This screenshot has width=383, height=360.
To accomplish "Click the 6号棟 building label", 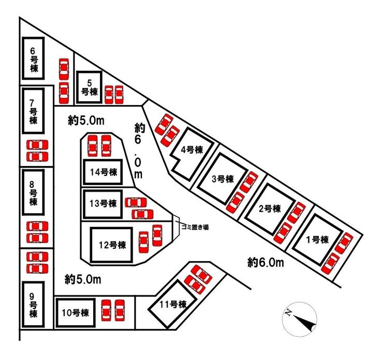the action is pyautogui.click(x=34, y=59).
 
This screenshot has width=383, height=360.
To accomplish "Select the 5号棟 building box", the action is pyautogui.click(x=89, y=87).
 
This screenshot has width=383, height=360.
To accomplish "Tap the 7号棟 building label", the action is pyautogui.click(x=33, y=112).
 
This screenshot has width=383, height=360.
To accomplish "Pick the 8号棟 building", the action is pyautogui.click(x=33, y=192).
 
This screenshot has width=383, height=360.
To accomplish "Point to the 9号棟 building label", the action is pyautogui.click(x=33, y=305).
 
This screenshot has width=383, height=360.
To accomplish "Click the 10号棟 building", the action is pyautogui.click(x=75, y=313).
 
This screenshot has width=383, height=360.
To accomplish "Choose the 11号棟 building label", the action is pyautogui.click(x=173, y=304).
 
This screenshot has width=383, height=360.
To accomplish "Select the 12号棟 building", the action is pyautogui.click(x=112, y=245).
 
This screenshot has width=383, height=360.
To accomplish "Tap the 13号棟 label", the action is pyautogui.click(x=103, y=203).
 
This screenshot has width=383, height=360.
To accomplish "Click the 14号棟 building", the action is pyautogui.click(x=102, y=172).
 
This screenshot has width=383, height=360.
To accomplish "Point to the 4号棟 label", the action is pyautogui.click(x=192, y=149).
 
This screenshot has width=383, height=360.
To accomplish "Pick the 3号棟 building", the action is pyautogui.click(x=223, y=178).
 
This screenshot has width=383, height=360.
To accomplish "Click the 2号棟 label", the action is pyautogui.click(x=270, y=208).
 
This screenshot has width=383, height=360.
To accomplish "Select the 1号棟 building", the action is pyautogui.click(x=318, y=239).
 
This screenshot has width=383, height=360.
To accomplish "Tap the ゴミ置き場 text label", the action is pyautogui.click(x=195, y=228).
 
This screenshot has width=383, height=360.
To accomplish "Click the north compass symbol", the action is pyautogui.click(x=300, y=319).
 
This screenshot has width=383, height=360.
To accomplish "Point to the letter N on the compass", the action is pyautogui.click(x=288, y=312).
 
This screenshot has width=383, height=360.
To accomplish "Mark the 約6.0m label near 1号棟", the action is pyautogui.click(x=266, y=263).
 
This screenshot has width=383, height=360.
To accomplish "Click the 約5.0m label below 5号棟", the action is pyautogui.click(x=86, y=121).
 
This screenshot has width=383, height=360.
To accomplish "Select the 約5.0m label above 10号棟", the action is pyautogui.click(x=83, y=279).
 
